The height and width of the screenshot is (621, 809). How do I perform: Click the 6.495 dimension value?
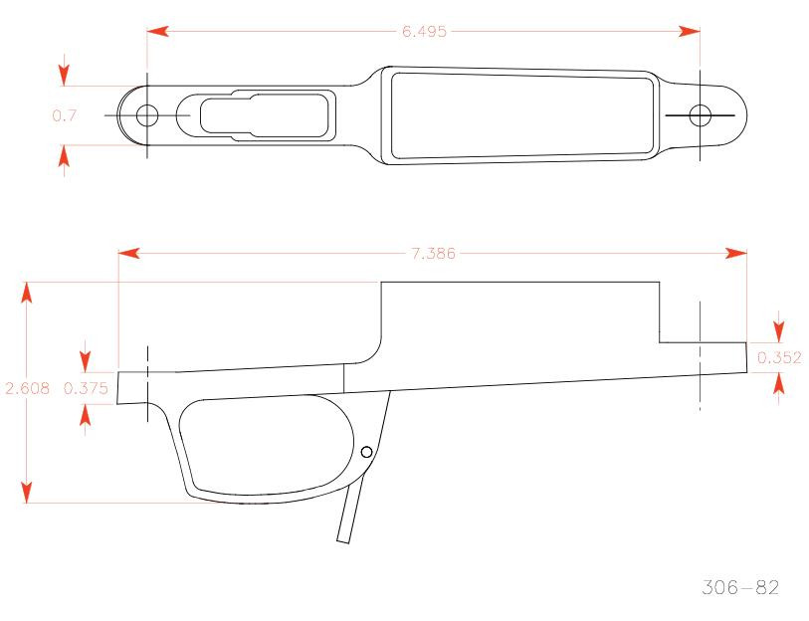(424, 31)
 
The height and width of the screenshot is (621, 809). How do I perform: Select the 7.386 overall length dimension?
(433, 254)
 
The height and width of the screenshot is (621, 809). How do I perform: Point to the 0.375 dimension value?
(86, 389)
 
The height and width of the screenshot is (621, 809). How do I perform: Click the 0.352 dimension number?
(779, 357)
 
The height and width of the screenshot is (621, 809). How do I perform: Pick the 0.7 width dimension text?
(64, 115)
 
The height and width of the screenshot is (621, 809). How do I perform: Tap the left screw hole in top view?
(146, 114)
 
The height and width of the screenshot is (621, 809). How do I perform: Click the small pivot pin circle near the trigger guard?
(366, 452)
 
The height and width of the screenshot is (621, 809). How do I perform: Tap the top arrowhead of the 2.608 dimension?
(27, 292)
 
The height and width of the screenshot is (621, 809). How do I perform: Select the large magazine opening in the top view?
(522, 114)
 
